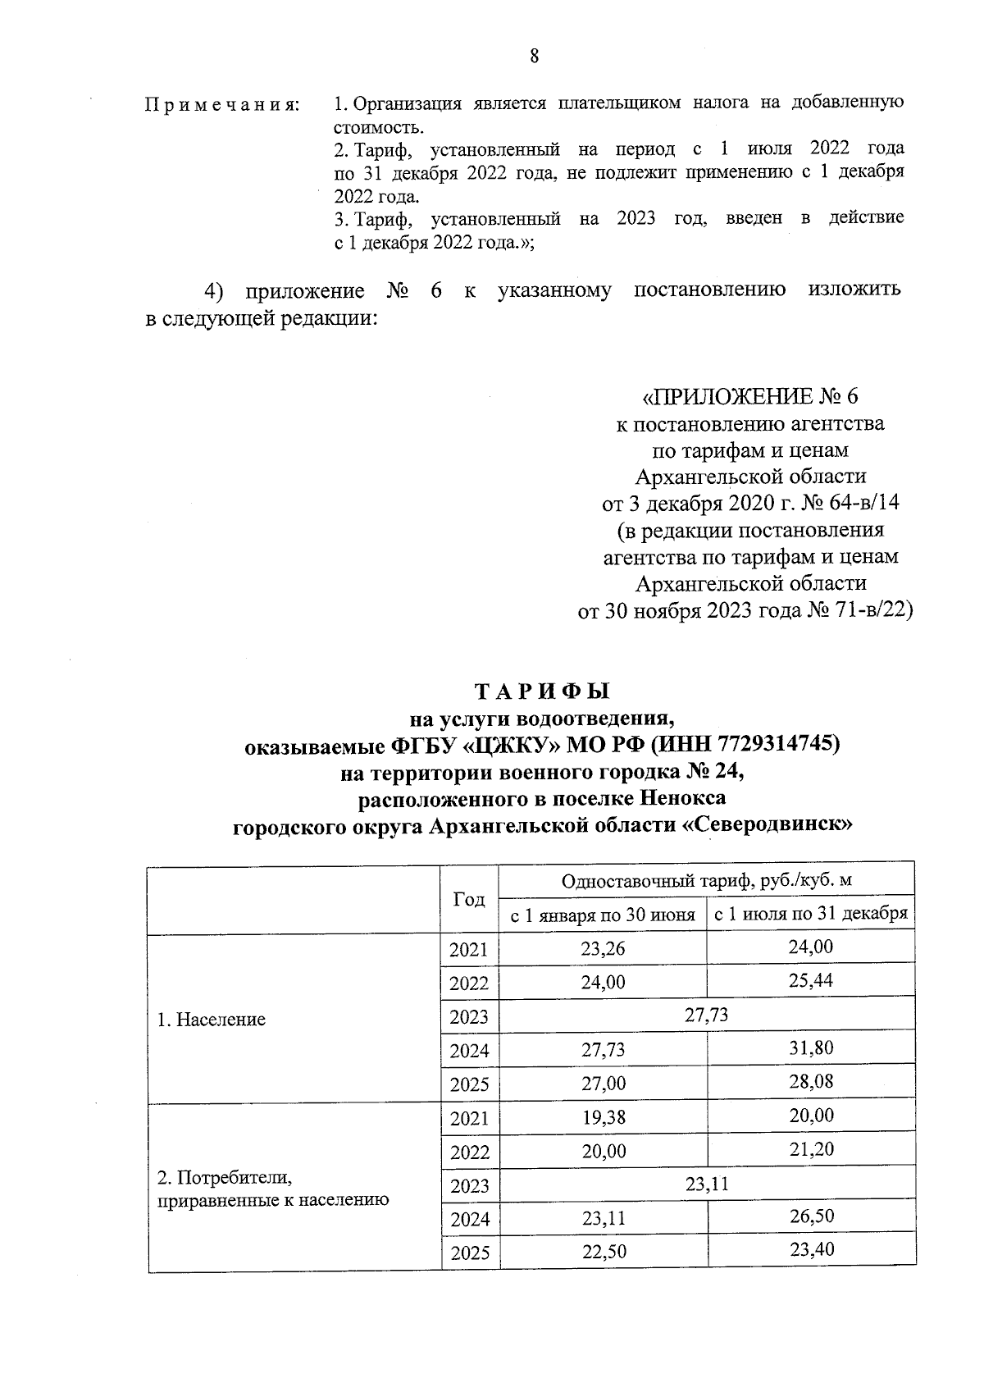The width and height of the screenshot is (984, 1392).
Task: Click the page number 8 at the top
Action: [535, 56]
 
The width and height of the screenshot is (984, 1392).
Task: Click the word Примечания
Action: [221, 105]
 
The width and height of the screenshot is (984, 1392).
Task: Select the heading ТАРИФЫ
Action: [542, 691]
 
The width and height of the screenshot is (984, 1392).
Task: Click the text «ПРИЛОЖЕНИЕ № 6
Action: [749, 397]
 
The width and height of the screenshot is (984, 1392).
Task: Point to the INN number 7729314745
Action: [776, 745]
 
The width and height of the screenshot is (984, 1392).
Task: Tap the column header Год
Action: [469, 899]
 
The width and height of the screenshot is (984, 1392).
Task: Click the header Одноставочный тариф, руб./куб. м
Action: [706, 881]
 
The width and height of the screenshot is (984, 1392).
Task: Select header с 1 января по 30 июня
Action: [603, 915]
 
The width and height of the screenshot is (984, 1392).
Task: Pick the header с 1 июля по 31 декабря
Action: [810, 914]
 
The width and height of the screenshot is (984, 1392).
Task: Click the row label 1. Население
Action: [212, 1020]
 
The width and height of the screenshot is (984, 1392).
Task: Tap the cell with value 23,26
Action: [603, 948]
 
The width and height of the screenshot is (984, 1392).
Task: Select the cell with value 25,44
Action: [811, 981]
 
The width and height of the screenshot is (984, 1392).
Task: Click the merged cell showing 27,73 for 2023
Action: [706, 1015]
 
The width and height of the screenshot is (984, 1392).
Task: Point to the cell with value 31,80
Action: [811, 1047]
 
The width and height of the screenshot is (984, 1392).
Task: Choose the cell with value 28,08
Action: [811, 1081]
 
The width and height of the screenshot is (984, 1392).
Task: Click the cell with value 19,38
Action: [603, 1117]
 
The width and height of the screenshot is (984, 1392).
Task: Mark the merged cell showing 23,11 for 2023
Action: [706, 1184]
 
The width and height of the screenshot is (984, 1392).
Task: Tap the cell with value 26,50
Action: [811, 1216]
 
